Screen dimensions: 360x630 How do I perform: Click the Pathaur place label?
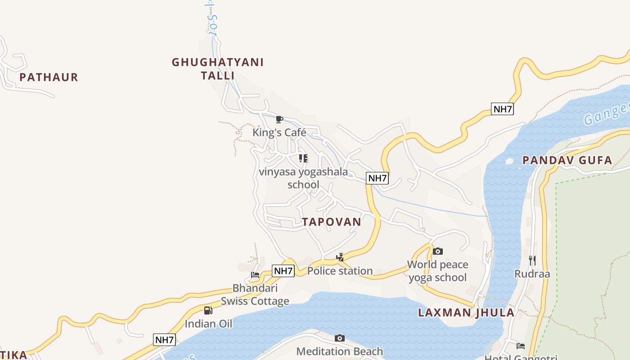(49, 77)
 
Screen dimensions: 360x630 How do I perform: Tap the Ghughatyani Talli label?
(218, 68)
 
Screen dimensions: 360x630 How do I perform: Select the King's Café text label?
(279, 133)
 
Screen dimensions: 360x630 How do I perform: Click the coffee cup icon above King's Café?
(279, 119)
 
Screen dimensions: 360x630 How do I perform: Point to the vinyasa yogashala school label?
(303, 178)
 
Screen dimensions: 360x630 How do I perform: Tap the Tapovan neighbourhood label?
(332, 222)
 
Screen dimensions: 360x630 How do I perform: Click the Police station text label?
(340, 271)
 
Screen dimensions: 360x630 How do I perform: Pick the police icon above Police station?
(340, 257)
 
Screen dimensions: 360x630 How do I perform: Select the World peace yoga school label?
(437, 271)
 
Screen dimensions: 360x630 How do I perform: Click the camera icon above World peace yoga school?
(437, 251)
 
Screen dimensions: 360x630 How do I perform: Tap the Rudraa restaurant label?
(532, 274)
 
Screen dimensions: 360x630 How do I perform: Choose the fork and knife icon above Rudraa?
(532, 260)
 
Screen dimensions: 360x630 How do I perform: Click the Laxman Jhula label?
(466, 313)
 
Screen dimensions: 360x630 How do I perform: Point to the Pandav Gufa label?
(567, 160)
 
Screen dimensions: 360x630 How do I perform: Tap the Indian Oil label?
(208, 324)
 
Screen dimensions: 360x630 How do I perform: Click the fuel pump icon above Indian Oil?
(208, 310)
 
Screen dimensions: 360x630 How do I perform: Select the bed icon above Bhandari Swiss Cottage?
(255, 274)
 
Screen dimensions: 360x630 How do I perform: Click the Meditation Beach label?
(340, 351)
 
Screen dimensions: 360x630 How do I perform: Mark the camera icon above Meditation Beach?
(340, 338)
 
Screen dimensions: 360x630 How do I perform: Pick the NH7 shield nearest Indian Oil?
(164, 340)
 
